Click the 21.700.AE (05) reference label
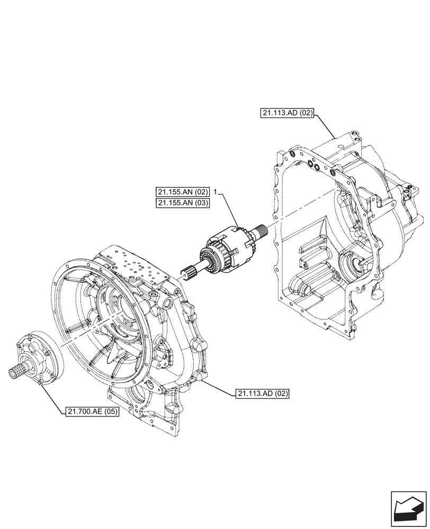(x=93, y=412)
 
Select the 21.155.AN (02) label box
(x=183, y=192)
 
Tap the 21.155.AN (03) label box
(x=183, y=203)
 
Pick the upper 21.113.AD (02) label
(x=288, y=113)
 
